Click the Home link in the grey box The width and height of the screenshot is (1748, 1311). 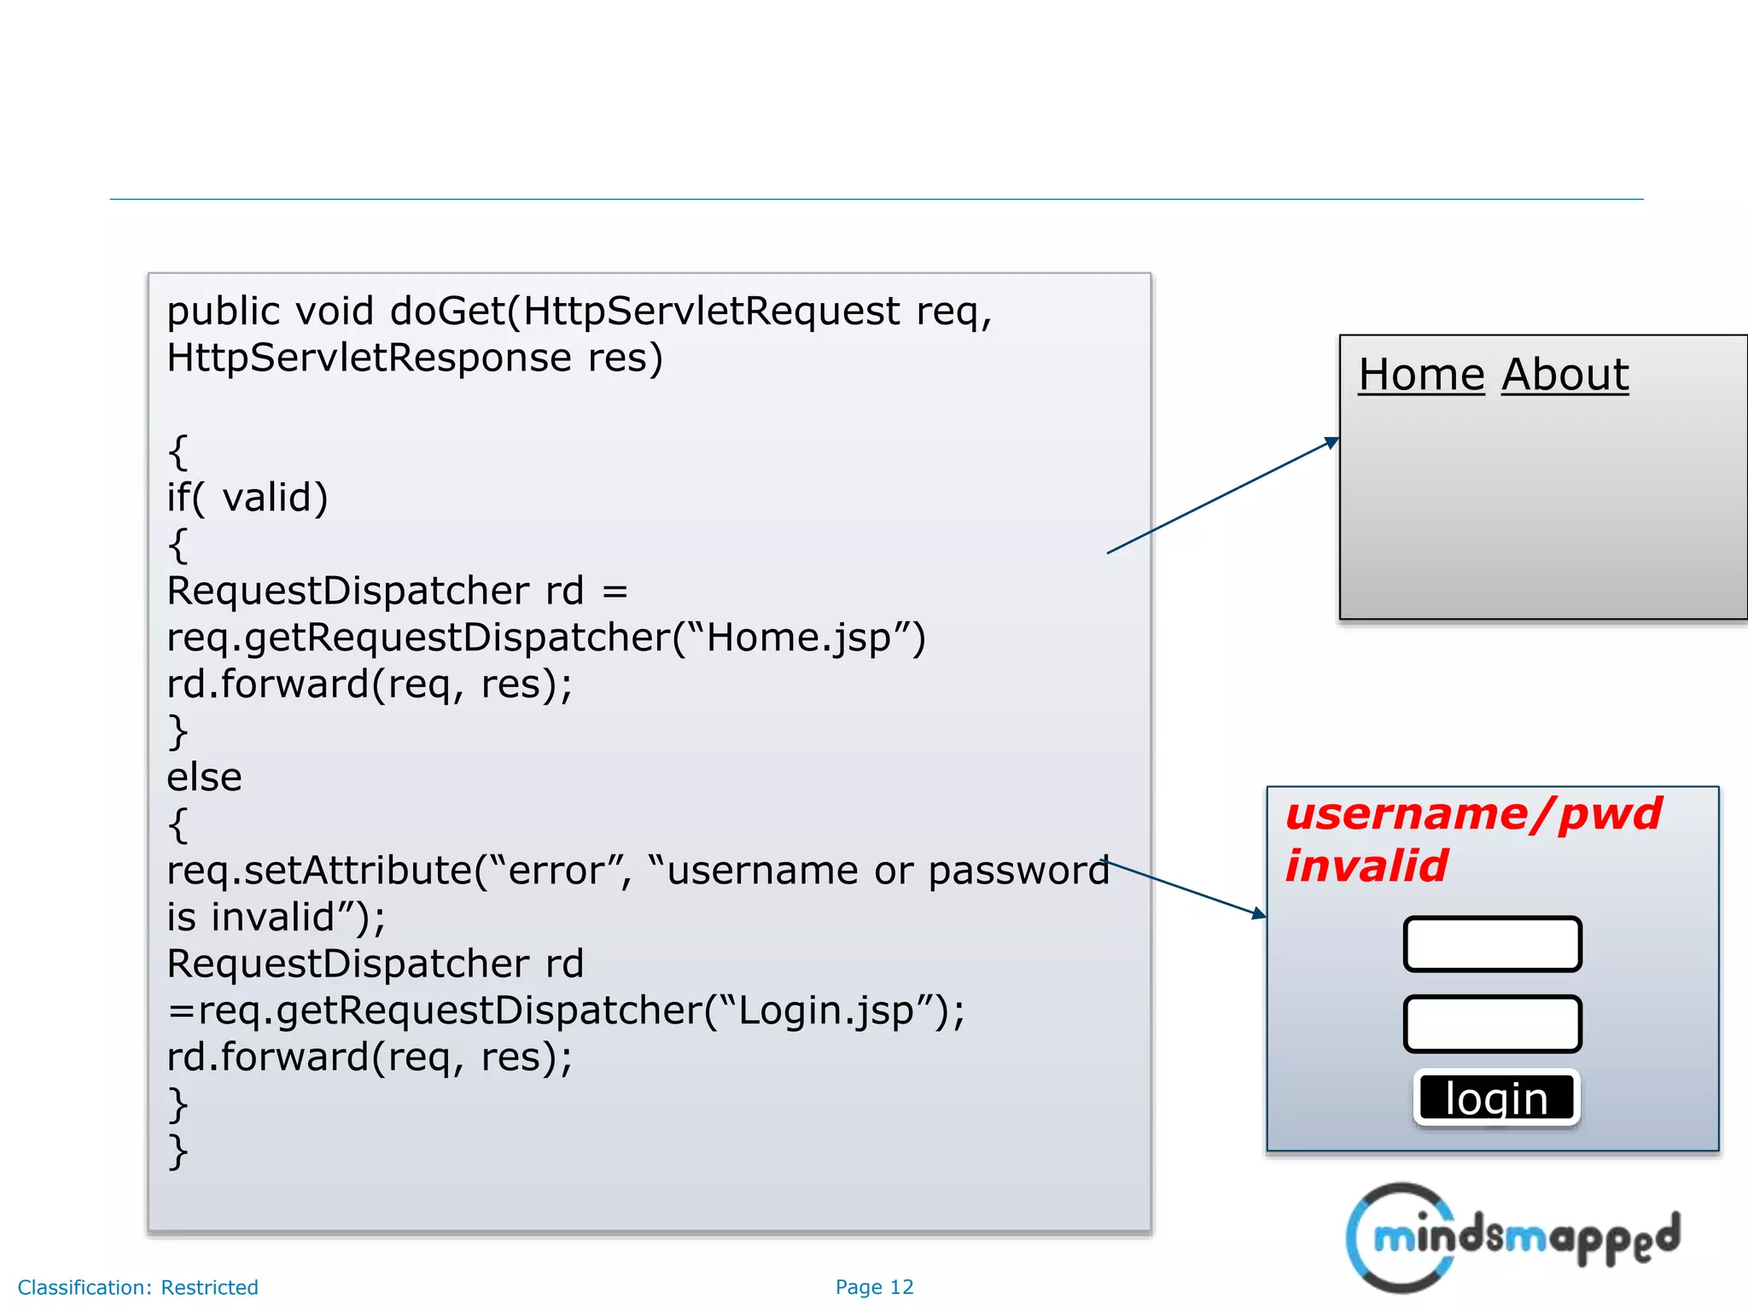(x=1421, y=376)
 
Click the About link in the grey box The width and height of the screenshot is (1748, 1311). (x=1564, y=376)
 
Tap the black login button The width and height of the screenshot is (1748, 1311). (x=1496, y=1098)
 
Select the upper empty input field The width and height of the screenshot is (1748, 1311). (x=1492, y=944)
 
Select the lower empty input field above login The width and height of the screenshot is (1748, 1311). (x=1492, y=1023)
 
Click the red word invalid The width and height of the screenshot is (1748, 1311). (x=1366, y=866)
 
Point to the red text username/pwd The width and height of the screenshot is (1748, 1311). (x=1473, y=813)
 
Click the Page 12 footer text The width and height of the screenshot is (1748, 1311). (x=874, y=1287)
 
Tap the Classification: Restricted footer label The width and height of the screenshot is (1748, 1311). (x=137, y=1287)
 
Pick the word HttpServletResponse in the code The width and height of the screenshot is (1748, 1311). (x=369, y=358)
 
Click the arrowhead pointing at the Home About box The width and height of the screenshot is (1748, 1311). (x=1331, y=442)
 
